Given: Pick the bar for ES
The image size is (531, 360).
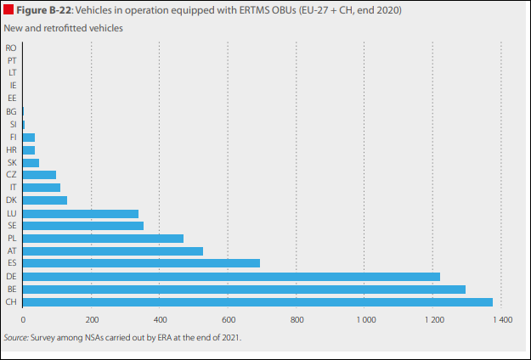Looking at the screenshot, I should (x=141, y=263).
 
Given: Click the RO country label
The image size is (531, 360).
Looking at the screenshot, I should (x=11, y=48).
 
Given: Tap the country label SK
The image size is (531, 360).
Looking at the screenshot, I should (x=11, y=162).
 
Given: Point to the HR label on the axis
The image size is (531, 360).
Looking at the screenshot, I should (x=11, y=149).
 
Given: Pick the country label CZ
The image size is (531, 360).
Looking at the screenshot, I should (x=11, y=175).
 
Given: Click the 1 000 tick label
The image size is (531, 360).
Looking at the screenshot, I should (x=364, y=320).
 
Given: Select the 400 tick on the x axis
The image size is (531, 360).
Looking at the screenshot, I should (x=160, y=320).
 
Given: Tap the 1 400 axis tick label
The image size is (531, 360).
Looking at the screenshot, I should (x=501, y=320).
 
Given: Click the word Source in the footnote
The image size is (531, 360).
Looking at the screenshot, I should (x=15, y=337).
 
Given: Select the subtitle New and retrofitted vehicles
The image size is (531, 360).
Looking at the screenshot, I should (x=64, y=28).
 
